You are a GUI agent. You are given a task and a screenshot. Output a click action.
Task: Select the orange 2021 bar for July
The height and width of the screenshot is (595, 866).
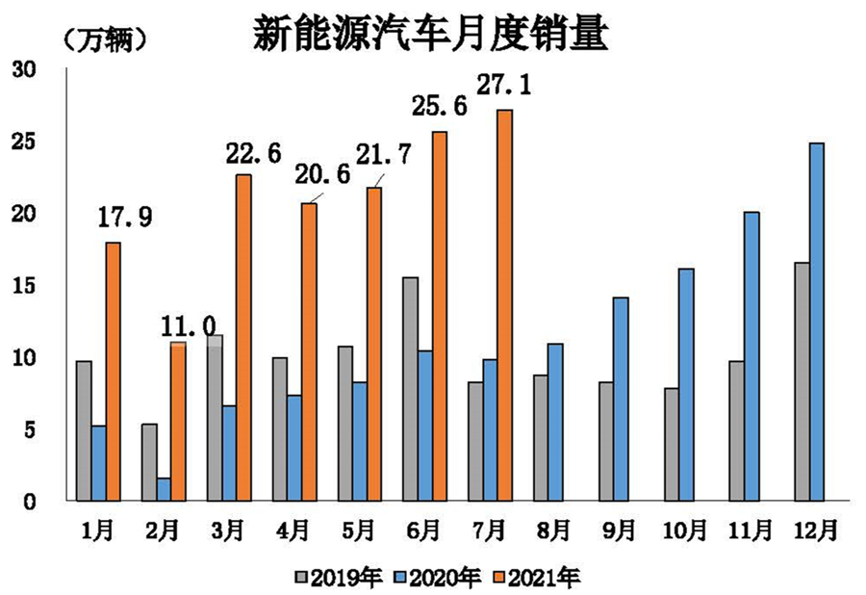coord(504,305)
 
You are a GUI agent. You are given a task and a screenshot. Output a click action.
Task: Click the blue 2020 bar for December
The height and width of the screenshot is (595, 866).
coord(816,322)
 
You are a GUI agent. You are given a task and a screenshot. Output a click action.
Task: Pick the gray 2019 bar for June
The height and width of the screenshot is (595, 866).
coord(410,389)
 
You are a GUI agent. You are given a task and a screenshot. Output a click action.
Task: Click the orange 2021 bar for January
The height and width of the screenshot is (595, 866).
coord(113,372)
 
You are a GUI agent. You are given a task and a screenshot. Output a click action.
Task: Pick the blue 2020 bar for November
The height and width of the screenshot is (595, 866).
coord(751,356)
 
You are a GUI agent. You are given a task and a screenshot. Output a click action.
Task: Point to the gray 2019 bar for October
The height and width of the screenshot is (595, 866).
coord(672,444)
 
